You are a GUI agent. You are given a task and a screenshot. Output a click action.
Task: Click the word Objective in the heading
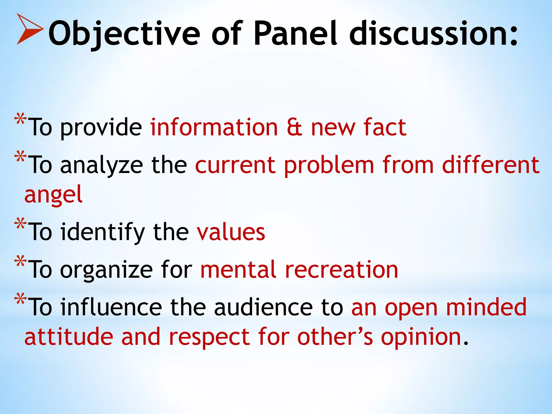click(x=124, y=34)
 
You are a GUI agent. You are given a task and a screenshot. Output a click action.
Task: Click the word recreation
click(x=341, y=270)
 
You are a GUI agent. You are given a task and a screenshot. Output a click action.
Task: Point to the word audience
click(x=263, y=307)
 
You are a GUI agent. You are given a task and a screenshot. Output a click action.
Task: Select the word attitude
click(x=69, y=337)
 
